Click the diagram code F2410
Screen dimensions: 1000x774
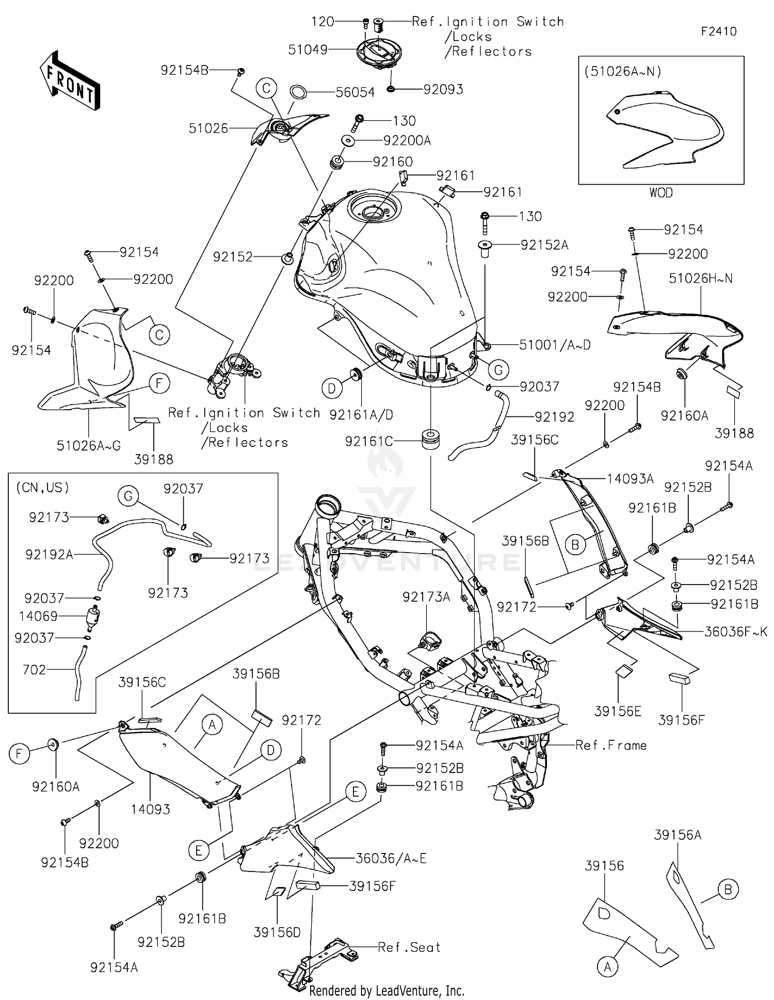(x=718, y=31)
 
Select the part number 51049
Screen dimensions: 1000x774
(x=308, y=50)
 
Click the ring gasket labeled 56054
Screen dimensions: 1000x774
(x=298, y=92)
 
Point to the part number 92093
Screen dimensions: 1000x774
(x=443, y=89)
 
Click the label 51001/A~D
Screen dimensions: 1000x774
(x=555, y=345)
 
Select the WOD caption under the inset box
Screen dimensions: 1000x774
(x=660, y=193)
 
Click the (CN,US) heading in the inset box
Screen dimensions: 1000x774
(x=43, y=487)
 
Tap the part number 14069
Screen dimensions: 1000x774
(x=38, y=616)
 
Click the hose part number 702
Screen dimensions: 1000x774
(x=35, y=670)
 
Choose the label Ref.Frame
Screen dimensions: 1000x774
(x=611, y=745)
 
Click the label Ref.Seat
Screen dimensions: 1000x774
(x=409, y=947)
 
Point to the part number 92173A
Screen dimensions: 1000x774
(x=426, y=597)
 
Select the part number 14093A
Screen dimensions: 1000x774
(x=630, y=479)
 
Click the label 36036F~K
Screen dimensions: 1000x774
(x=736, y=631)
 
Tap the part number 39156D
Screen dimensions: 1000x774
(x=277, y=932)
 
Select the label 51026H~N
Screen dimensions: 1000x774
(x=700, y=279)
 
